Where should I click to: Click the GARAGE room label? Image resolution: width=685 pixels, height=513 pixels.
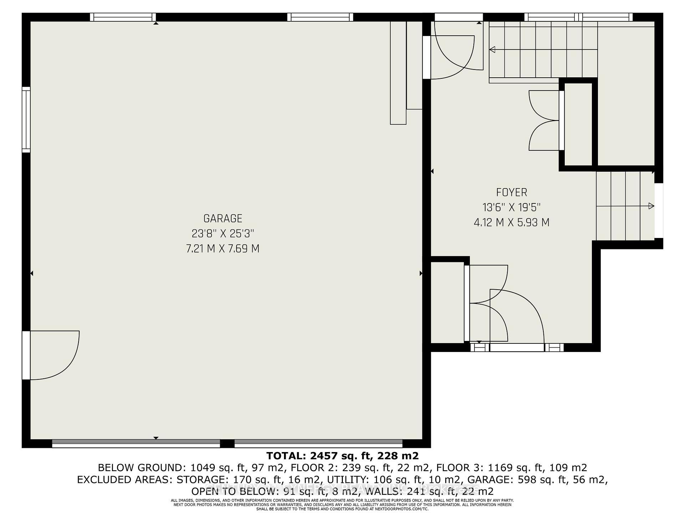click(223, 218)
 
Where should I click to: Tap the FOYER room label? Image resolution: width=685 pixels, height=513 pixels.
click(511, 192)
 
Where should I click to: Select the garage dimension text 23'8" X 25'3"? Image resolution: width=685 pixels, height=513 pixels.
click(223, 234)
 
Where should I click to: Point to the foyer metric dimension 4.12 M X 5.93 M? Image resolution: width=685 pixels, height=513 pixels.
click(511, 223)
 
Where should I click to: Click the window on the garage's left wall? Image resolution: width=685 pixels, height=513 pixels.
click(26, 120)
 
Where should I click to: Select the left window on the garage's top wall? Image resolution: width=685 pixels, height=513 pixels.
click(123, 17)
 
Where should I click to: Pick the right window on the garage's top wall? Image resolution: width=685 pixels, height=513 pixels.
click(320, 17)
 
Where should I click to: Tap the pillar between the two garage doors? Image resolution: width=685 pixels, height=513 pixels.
click(227, 444)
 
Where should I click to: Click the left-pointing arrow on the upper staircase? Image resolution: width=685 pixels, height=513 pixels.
click(493, 50)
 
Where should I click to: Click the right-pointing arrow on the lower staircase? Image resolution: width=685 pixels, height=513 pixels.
click(651, 206)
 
